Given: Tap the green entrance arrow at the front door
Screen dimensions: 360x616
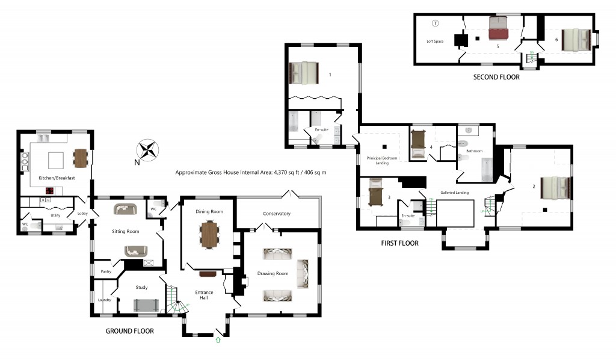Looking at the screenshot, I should point(218,341).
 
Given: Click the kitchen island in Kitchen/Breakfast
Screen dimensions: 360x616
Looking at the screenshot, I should point(56,160).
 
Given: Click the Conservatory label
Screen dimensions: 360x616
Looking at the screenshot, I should point(277,214).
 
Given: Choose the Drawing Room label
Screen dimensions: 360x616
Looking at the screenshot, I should point(274,273).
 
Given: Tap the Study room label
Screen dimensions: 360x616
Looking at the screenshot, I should point(141,287).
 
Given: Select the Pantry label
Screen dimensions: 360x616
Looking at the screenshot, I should point(106,272).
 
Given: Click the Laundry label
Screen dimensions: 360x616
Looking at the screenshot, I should point(105,300).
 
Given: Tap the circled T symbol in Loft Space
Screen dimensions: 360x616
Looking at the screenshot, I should point(436,23).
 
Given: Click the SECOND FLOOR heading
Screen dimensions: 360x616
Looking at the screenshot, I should point(497,77).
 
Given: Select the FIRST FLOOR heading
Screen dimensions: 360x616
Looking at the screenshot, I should point(399,243).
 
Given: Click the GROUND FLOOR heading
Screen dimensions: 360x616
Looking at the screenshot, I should point(129,331).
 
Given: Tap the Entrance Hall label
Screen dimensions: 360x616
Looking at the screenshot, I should point(205,296).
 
